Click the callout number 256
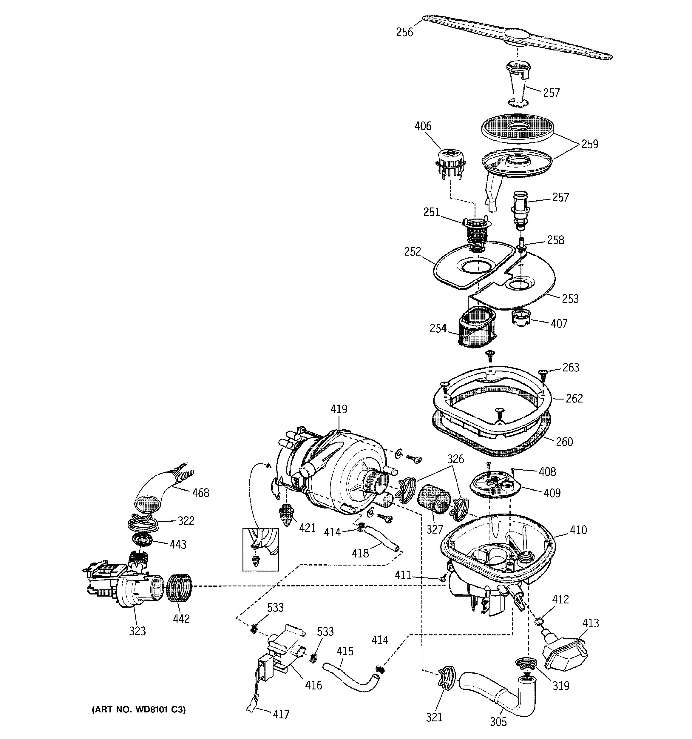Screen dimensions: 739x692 pos(404,32)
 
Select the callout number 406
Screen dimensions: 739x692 pos(423,126)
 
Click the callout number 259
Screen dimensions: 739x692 pos(589,144)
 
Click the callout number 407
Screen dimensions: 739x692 pos(559,323)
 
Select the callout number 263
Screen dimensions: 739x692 pos(571,367)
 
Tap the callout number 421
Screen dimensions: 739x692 pos(307,528)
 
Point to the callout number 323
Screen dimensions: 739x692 pos(137,631)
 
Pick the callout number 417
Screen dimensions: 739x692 pos(280,715)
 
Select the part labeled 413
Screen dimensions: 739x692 pos(565,651)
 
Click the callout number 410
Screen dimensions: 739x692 pos(578,530)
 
